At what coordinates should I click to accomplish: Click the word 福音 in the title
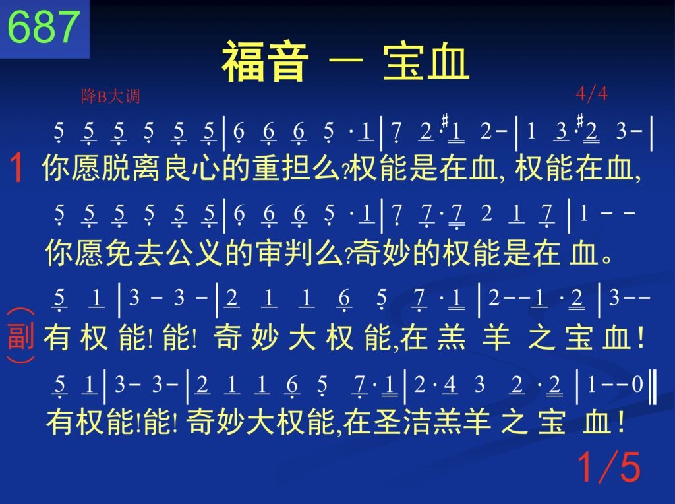[x=265, y=61]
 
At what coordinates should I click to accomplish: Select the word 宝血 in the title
[x=426, y=61]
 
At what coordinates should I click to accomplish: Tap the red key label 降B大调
[x=110, y=96]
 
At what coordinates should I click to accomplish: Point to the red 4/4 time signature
[x=591, y=94]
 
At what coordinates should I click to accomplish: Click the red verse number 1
[x=16, y=168]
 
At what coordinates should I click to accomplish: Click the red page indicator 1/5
[x=608, y=466]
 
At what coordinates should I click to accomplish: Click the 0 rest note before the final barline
[x=637, y=384]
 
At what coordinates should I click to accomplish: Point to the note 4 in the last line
[x=450, y=384]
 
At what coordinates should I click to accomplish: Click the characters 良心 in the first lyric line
[x=192, y=168]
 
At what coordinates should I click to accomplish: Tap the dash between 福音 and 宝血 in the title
[x=345, y=61]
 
